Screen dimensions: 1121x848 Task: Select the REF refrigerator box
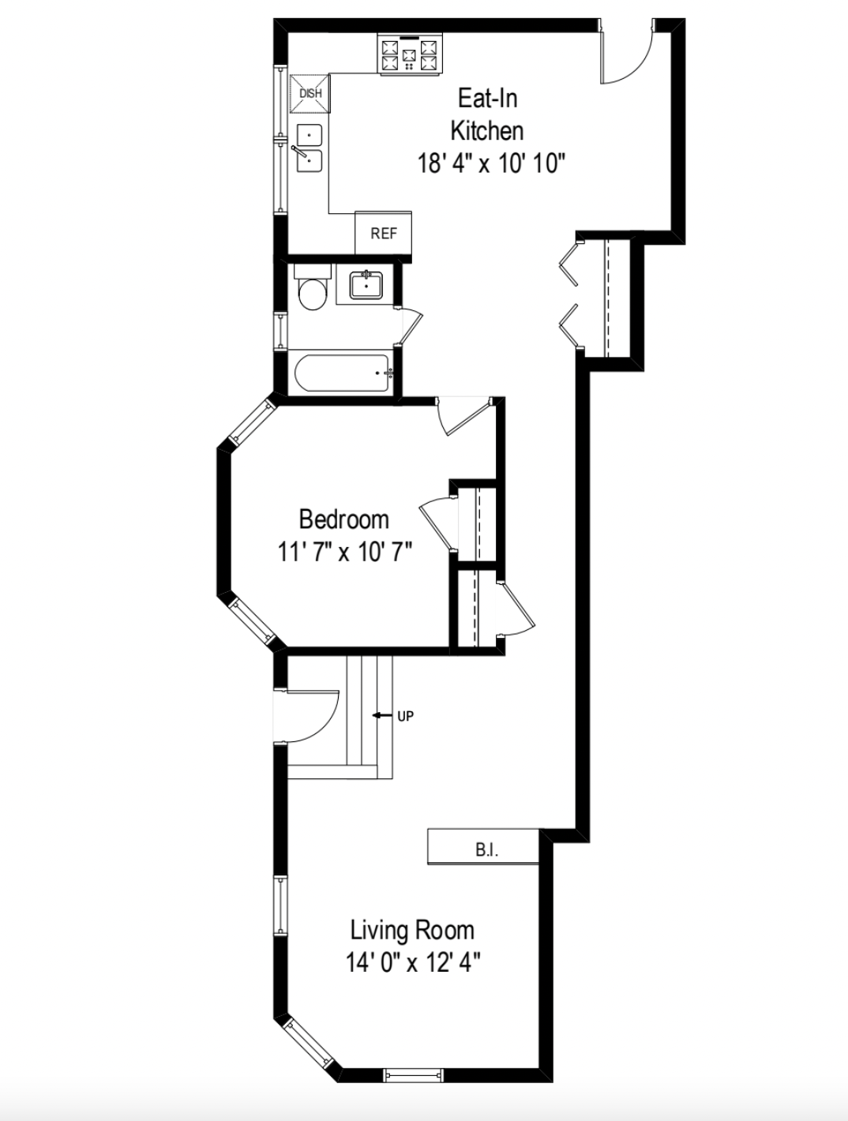384,234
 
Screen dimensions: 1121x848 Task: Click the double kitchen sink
310,148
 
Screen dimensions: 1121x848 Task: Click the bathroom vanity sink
366,284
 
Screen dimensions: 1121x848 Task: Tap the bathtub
343,373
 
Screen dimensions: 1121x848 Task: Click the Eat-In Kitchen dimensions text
491,163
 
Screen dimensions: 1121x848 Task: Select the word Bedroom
343,519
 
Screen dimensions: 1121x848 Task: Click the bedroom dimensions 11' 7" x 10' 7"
344,550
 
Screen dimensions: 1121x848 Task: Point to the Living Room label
412,930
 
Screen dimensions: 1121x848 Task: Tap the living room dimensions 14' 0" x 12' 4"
412,962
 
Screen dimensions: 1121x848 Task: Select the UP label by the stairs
405,716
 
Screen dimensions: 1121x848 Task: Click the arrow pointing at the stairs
382,716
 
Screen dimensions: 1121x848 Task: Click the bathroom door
410,324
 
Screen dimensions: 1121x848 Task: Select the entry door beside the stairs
308,715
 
